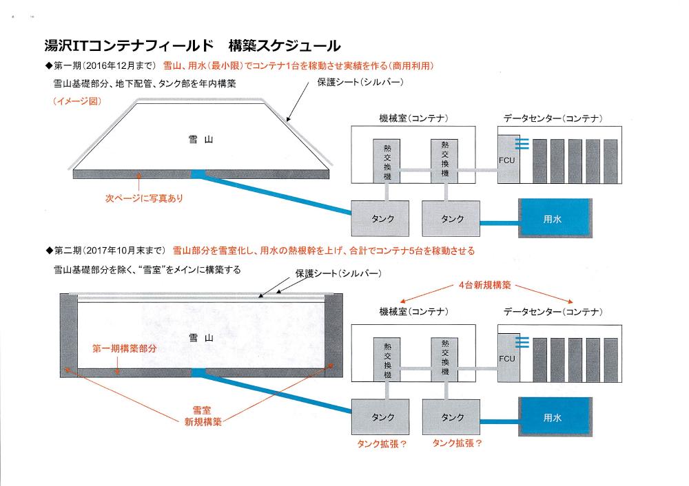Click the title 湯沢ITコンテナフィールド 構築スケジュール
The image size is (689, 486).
click(192, 47)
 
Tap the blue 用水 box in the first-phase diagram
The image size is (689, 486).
click(555, 219)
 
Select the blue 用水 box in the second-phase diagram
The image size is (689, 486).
click(555, 416)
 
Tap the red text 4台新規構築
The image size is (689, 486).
click(486, 284)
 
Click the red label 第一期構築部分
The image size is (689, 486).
click(125, 348)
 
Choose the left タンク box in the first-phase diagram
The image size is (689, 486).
click(382, 219)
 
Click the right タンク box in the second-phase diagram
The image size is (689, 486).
click(452, 417)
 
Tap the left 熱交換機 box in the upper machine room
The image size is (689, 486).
click(382, 161)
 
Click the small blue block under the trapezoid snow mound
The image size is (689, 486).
click(198, 173)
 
